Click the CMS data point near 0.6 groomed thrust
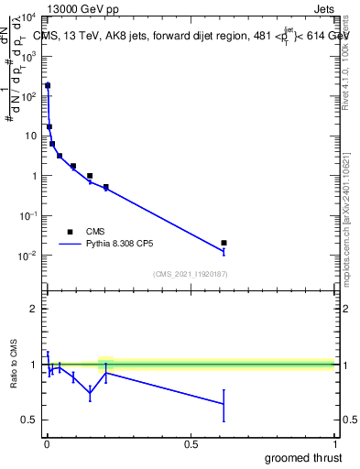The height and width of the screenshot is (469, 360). pyautogui.click(x=224, y=243)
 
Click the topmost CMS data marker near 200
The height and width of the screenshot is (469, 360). pyautogui.click(x=48, y=85)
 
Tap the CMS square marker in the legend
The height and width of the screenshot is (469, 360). pyautogui.click(x=70, y=232)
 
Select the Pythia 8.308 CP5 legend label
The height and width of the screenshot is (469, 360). pyautogui.click(x=119, y=245)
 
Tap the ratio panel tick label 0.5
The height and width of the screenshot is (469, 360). pyautogui.click(x=29, y=420)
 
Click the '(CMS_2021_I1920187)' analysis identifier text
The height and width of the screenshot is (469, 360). pyautogui.click(x=191, y=274)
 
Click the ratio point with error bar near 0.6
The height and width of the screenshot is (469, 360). pyautogui.click(x=224, y=404)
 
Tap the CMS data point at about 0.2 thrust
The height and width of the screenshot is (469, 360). pyautogui.click(x=106, y=187)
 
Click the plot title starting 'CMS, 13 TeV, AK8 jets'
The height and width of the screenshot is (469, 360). pyautogui.click(x=192, y=36)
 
